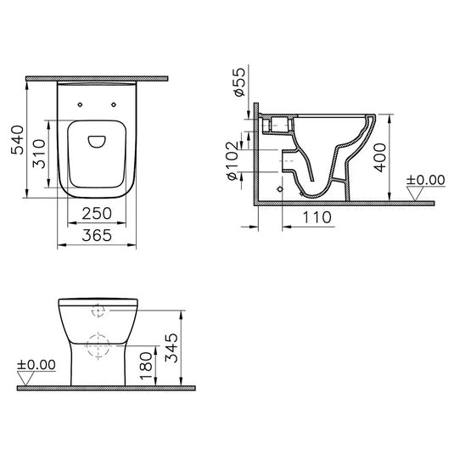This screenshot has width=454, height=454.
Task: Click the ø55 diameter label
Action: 238,84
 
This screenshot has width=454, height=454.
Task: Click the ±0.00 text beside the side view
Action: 425,179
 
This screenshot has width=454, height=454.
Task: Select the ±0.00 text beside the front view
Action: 36,365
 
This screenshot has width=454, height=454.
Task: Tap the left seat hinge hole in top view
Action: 80,104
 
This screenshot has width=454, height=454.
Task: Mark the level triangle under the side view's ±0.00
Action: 416,193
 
